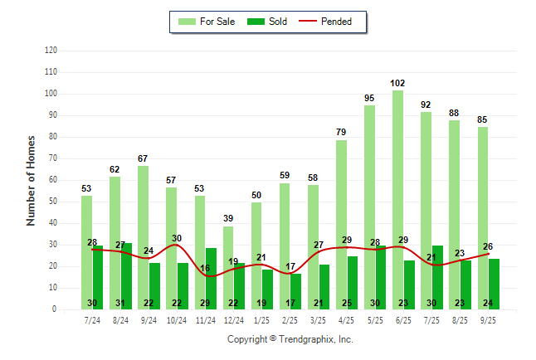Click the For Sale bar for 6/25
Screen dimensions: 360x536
(397, 199)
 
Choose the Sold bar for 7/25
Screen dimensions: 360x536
(437, 277)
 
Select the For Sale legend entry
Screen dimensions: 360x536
(208, 22)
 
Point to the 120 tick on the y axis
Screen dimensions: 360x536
(51, 51)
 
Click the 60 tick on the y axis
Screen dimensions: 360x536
(53, 180)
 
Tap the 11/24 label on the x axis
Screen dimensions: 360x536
(205, 319)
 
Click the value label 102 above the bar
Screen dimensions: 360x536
(397, 83)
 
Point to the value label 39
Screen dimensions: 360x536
(228, 218)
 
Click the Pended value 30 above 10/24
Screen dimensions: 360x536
(177, 238)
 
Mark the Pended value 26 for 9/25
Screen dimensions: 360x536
(489, 246)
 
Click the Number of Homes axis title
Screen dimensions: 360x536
(32, 180)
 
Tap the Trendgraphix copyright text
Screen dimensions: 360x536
(290, 339)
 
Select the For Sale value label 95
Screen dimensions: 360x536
(369, 98)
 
